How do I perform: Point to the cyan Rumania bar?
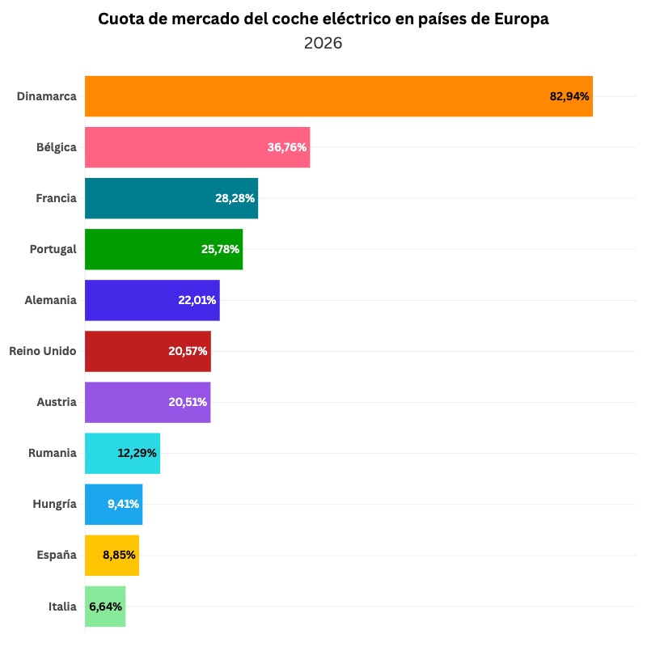tap(101, 453)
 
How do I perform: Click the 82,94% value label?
tap(569, 96)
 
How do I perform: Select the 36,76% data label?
tap(287, 147)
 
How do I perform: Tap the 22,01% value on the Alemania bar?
tap(197, 300)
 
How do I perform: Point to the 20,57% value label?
tap(188, 351)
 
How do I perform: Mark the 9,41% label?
tap(123, 504)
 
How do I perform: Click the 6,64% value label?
tap(106, 607)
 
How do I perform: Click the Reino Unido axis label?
tap(43, 351)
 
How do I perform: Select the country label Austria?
tap(57, 402)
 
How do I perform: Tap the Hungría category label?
tap(54, 504)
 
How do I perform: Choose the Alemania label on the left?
tap(51, 300)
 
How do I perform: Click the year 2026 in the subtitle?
tap(323, 43)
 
